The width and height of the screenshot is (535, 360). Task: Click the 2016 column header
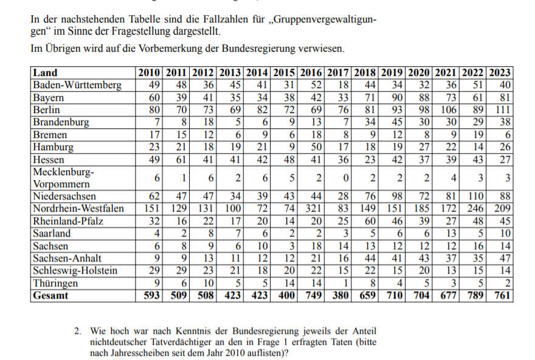coord(311,73)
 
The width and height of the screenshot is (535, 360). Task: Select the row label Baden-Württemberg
coord(77,85)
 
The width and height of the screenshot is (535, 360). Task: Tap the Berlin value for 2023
coord(500,110)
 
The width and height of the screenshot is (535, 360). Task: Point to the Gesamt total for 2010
coord(149,296)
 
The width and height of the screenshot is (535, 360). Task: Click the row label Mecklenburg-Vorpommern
coord(63,178)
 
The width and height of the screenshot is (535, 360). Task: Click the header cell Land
coord(46,73)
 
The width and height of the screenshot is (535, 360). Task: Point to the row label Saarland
coord(52,234)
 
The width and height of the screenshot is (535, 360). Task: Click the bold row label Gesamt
coord(51,296)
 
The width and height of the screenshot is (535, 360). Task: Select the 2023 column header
coord(500,73)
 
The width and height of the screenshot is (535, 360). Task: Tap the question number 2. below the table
coord(78,331)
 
